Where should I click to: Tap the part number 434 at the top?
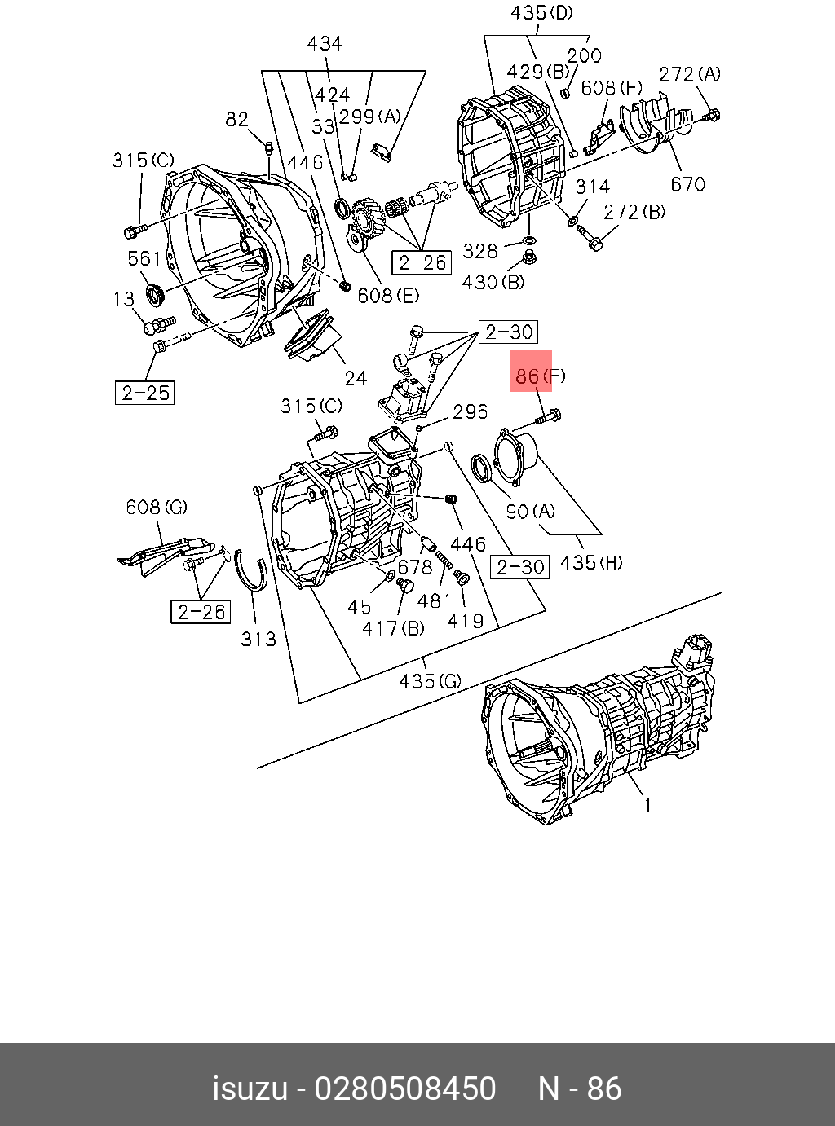(324, 43)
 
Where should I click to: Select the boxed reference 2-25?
(145, 393)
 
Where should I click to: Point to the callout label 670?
(687, 184)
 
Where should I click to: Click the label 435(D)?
(541, 13)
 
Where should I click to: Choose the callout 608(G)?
(156, 507)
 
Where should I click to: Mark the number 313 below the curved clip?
(258, 640)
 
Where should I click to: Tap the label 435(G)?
(430, 680)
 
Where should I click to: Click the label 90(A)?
(530, 511)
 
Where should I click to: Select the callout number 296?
(471, 412)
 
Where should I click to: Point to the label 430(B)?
(493, 282)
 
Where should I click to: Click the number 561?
(144, 259)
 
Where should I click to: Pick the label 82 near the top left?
(236, 120)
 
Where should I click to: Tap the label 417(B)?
(394, 628)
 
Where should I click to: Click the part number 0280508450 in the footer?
(405, 1089)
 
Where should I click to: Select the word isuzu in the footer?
(250, 1089)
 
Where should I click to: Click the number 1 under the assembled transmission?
(648, 806)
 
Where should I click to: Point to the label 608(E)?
(388, 295)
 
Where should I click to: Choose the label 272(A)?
(689, 74)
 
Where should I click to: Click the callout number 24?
(356, 378)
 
